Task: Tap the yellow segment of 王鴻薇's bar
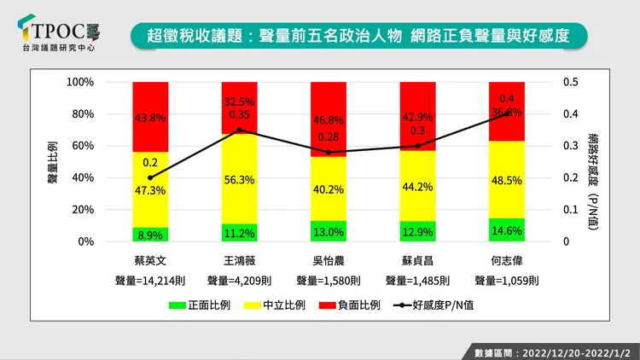[x=239, y=179]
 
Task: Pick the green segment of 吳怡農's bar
[x=329, y=231]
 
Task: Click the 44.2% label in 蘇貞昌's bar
[x=417, y=185]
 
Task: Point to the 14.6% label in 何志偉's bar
[x=506, y=230]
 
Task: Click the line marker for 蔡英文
[x=150, y=177]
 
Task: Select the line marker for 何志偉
[x=506, y=113]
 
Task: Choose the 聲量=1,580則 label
[x=329, y=279]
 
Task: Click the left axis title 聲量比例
[x=53, y=161]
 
